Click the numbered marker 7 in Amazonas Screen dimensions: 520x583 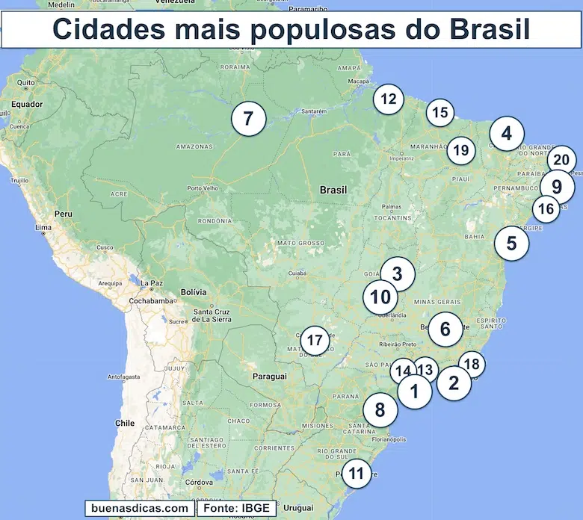pos(248,119)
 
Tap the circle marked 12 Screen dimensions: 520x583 pos(388,99)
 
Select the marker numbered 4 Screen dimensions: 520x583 pos(507,134)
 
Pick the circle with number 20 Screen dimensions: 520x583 pos(562,159)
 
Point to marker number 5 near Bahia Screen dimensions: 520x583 pos(511,243)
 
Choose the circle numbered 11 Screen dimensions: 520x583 pos(357,473)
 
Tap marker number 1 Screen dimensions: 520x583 pos(414,391)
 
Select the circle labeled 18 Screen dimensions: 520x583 pos(472,365)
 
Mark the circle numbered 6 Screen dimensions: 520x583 pos(445,329)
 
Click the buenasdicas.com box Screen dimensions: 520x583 pos(139,508)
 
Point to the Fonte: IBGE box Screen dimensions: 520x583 pos(236,508)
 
